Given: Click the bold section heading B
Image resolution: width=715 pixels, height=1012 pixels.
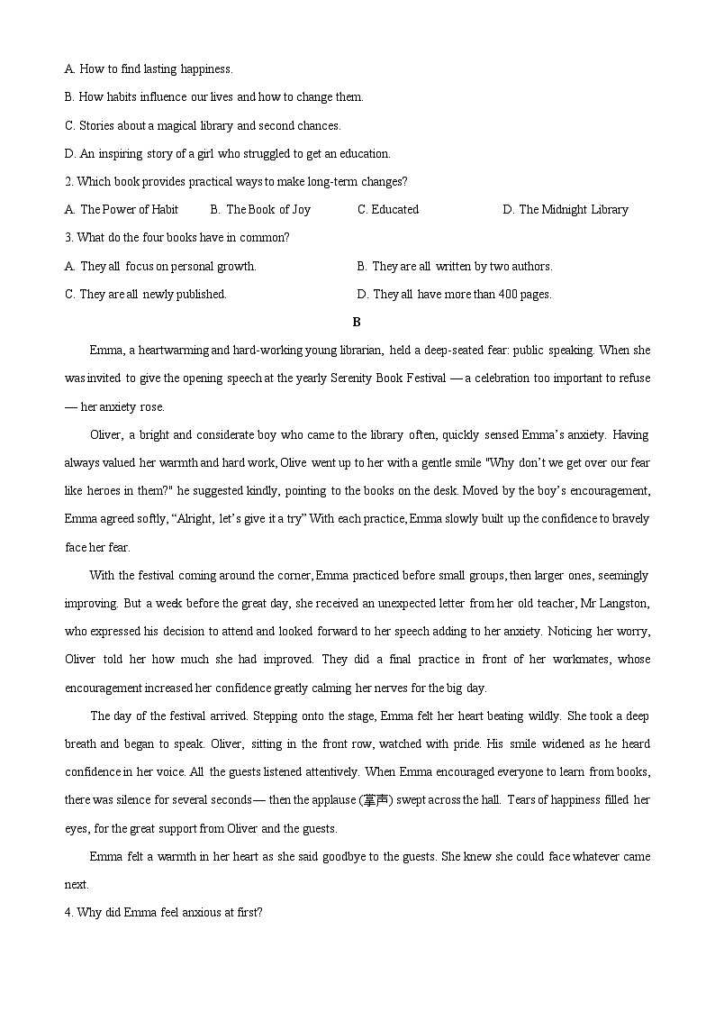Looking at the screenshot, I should pyautogui.click(x=357, y=322).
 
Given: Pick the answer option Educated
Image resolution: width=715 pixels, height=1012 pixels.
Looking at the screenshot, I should pyautogui.click(x=388, y=210).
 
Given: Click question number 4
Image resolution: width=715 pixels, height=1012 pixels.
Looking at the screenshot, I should pyautogui.click(x=68, y=913).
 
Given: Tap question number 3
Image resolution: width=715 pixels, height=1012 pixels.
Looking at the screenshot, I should pyautogui.click(x=68, y=238).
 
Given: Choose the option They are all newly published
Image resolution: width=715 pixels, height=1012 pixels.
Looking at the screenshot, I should pyautogui.click(x=146, y=294).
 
